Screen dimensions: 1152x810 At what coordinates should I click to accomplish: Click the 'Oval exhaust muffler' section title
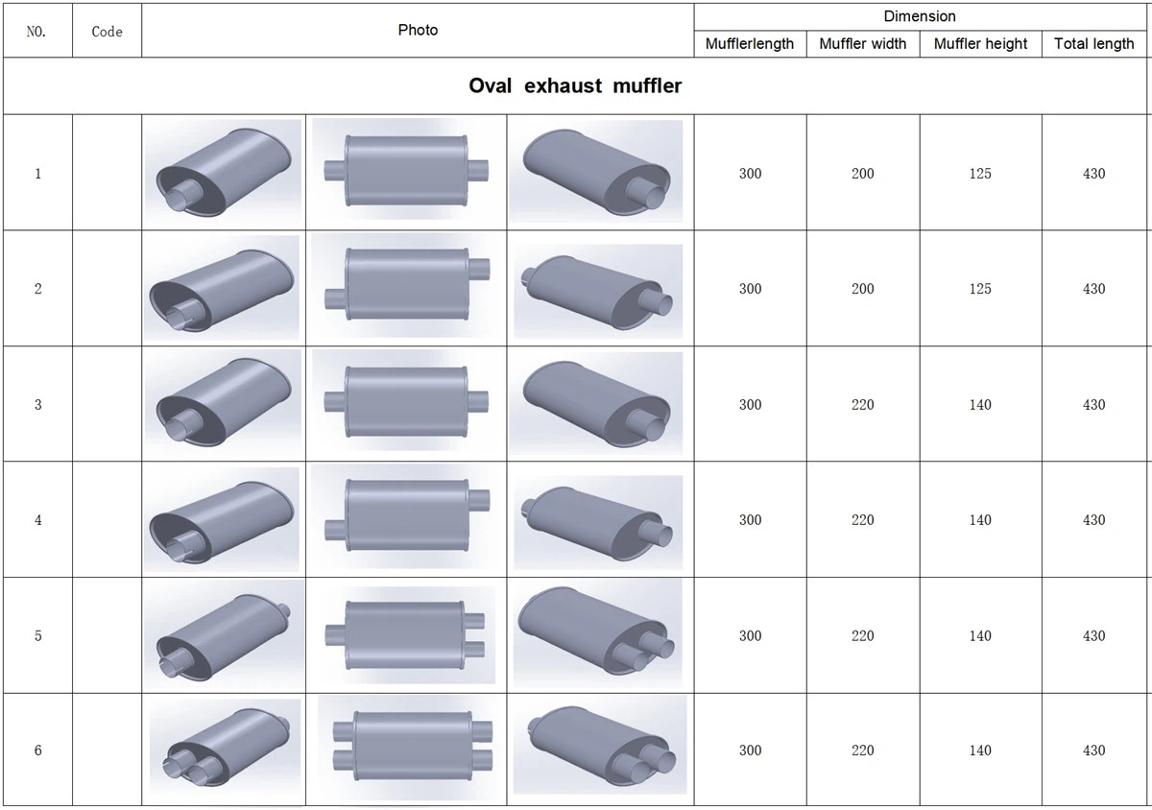pyautogui.click(x=575, y=85)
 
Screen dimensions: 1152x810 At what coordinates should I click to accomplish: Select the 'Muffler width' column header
pyautogui.click(x=862, y=44)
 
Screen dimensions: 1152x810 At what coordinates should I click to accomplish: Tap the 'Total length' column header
pyautogui.click(x=1093, y=44)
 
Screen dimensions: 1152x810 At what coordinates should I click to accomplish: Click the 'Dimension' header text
pyautogui.click(x=920, y=16)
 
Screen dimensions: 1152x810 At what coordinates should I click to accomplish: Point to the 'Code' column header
pyautogui.click(x=107, y=32)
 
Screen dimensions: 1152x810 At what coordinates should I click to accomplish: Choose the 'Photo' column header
pyautogui.click(x=418, y=30)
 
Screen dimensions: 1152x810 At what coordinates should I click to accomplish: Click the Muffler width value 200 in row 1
pyautogui.click(x=862, y=174)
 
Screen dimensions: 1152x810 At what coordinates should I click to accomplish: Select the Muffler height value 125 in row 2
pyautogui.click(x=980, y=289)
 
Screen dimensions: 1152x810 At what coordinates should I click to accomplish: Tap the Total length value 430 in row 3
pyautogui.click(x=1093, y=405)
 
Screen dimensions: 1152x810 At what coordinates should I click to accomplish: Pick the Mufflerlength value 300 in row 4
pyautogui.click(x=751, y=520)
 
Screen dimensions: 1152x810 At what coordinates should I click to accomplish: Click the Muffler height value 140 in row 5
pyautogui.click(x=980, y=635)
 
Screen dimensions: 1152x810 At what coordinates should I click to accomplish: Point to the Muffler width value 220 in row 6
pyautogui.click(x=862, y=750)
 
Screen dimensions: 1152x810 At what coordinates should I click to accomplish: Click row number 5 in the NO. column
pyautogui.click(x=38, y=635)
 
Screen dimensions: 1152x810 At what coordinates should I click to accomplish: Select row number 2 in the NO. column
pyautogui.click(x=38, y=289)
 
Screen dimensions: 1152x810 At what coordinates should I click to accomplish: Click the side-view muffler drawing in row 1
pyautogui.click(x=406, y=171)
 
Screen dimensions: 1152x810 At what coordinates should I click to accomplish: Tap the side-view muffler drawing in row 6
pyautogui.click(x=413, y=746)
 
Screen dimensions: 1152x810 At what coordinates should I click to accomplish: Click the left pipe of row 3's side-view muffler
pyautogui.click(x=334, y=402)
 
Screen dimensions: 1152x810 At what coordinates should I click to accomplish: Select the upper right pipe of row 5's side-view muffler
pyautogui.click(x=474, y=621)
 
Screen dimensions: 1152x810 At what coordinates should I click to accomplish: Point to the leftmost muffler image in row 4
pyautogui.click(x=222, y=520)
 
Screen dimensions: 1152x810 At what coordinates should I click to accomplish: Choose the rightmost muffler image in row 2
pyautogui.click(x=598, y=291)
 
